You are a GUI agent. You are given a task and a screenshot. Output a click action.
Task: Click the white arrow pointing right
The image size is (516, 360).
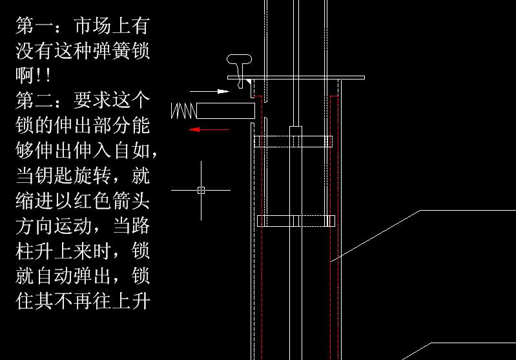coord(214,92)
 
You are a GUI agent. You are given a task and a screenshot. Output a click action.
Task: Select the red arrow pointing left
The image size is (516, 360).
coord(209,130)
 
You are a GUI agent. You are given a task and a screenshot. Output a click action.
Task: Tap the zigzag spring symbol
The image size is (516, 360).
coord(183,111)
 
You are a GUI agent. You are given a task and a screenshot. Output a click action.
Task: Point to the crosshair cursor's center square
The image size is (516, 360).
coord(201,190)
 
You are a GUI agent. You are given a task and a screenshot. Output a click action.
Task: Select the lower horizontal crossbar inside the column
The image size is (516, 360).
coord(296,221)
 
